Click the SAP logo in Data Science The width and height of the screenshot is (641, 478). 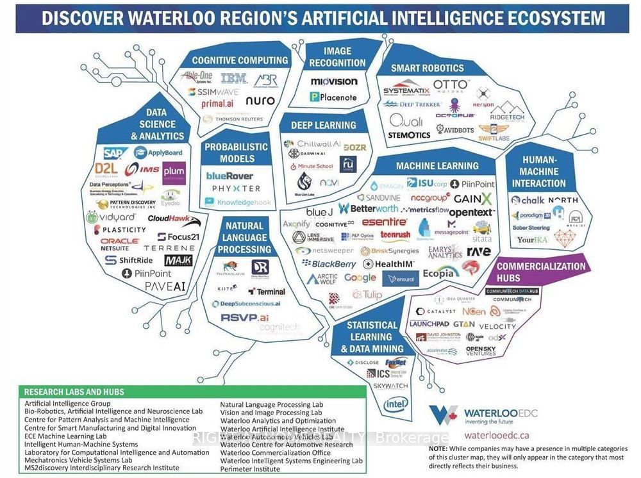click(116, 153)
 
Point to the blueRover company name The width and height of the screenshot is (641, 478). click(229, 176)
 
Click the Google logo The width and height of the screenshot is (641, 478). click(360, 277)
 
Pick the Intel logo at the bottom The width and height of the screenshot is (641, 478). click(395, 404)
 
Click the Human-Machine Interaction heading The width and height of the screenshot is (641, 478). click(539, 172)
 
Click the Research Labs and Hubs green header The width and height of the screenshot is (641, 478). click(74, 391)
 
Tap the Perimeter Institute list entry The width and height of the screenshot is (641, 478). click(249, 470)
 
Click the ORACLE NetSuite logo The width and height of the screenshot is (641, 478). click(120, 244)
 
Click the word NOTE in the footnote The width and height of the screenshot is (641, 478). click(439, 449)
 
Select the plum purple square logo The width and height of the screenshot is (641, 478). click(174, 173)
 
